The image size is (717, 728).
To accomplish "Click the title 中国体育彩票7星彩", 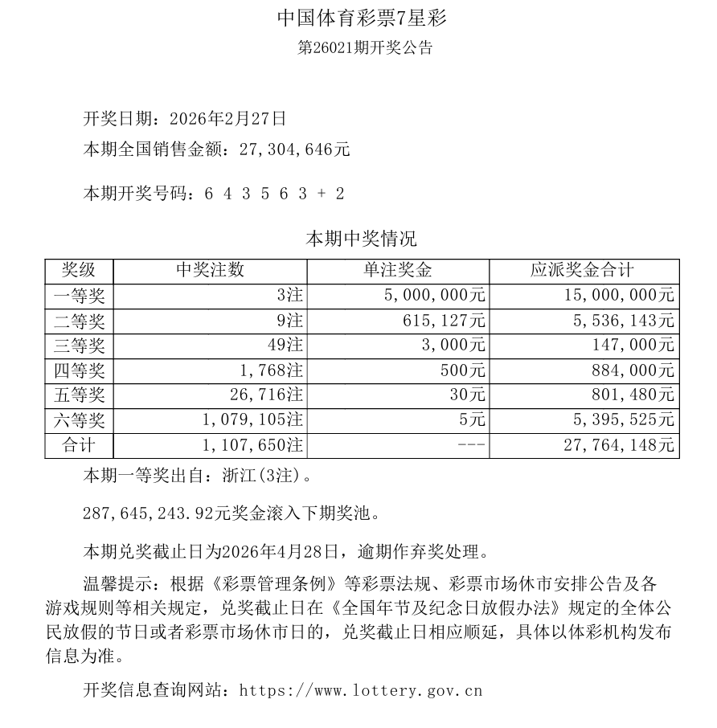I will coord(358,18).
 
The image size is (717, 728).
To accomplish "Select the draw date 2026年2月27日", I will coord(228,119).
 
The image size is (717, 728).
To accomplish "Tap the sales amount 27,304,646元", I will coord(292,149).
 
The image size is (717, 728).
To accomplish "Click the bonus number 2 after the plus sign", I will coord(340,194).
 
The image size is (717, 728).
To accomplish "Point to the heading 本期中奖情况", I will coord(361,239).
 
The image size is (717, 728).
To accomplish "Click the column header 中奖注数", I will coord(210,271).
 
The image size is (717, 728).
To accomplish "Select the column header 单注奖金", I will coord(398,271).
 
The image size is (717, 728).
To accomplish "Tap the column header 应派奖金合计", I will coord(583,271).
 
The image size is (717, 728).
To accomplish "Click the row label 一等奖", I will coord(79,296).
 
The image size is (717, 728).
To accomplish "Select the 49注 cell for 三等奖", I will coord(288,346).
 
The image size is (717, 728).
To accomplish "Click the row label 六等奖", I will coord(79,420).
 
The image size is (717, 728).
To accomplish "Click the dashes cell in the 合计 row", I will coord(471,445).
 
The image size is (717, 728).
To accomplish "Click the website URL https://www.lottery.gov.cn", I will coord(361,690).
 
